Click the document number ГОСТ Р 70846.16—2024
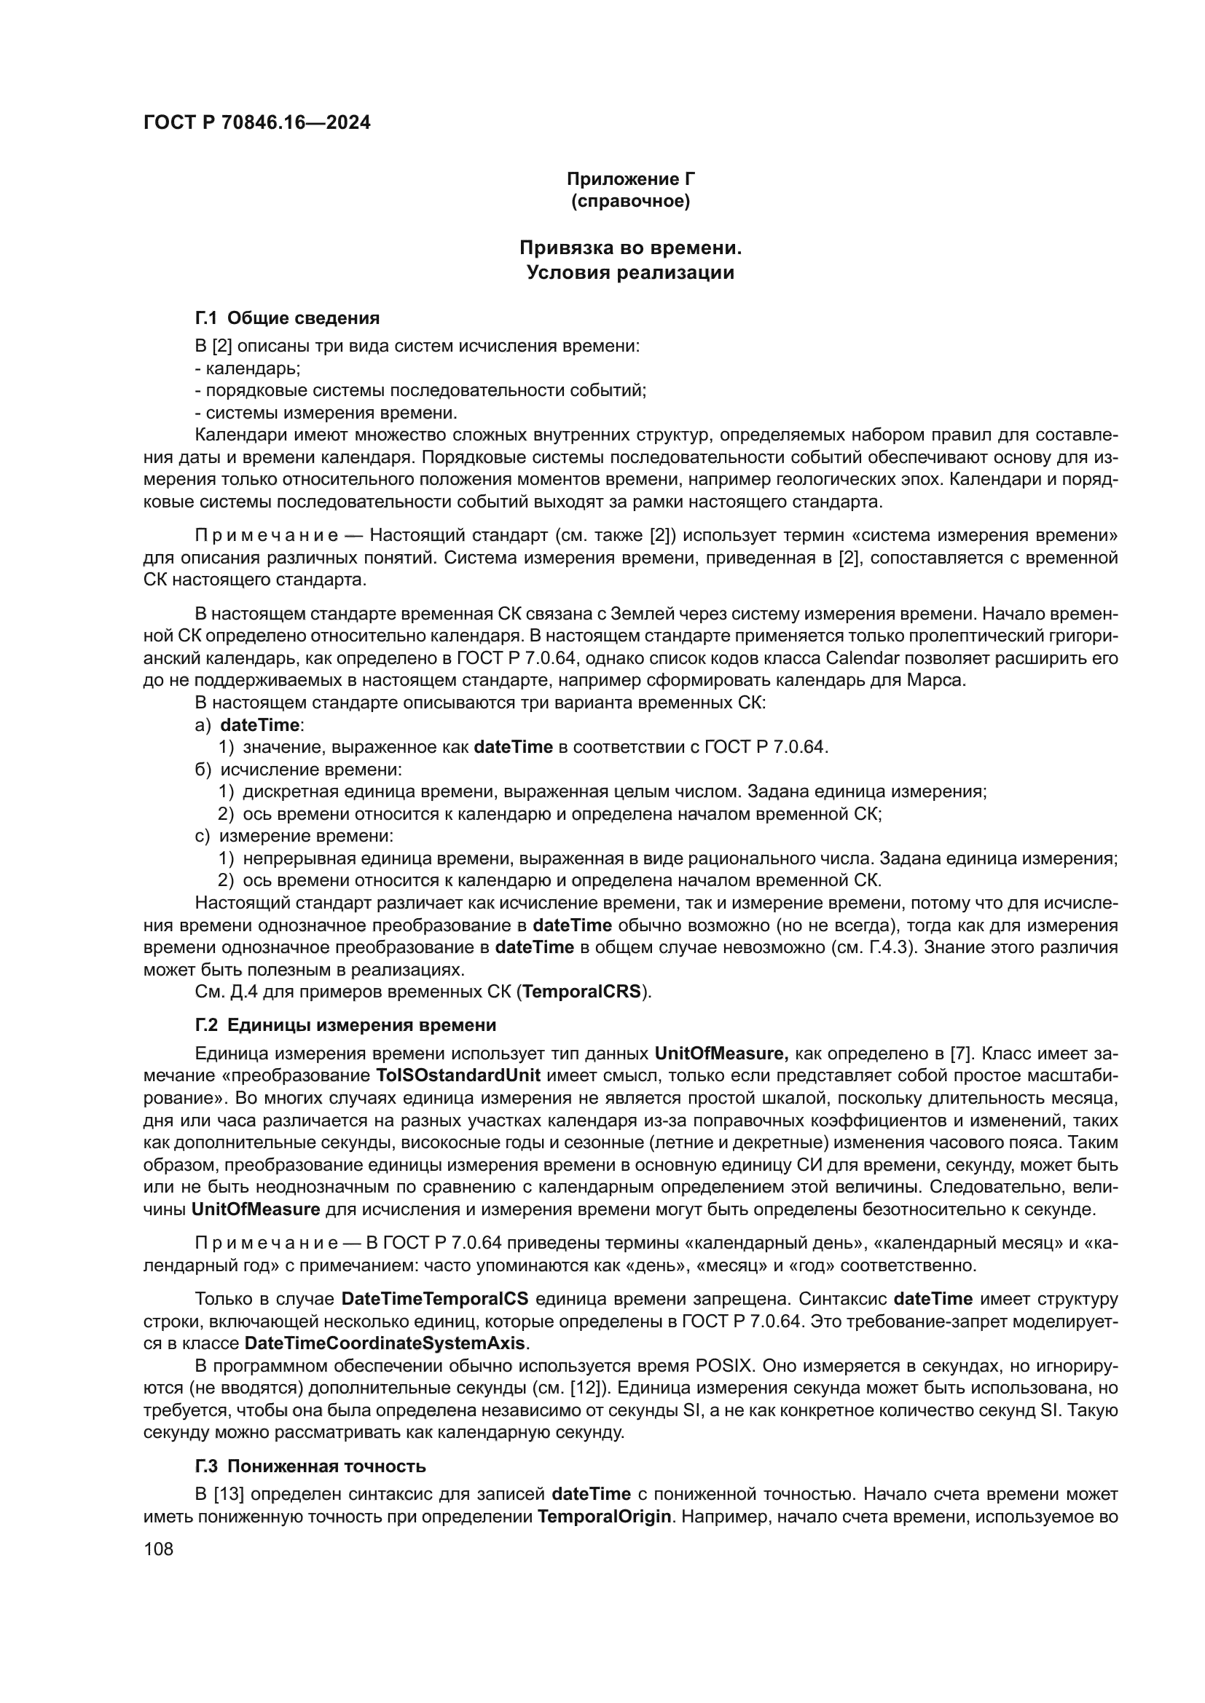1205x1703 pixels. pyautogui.click(x=256, y=123)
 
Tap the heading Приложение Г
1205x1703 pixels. pyautogui.click(x=631, y=179)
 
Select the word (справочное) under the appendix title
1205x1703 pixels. pyautogui.click(x=631, y=202)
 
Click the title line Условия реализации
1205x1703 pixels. pyautogui.click(x=631, y=273)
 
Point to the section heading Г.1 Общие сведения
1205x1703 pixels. pyautogui.click(x=287, y=318)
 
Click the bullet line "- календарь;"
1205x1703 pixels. pyautogui.click(x=247, y=368)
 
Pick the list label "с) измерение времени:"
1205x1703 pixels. pyautogui.click(x=294, y=836)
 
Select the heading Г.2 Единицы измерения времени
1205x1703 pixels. pyautogui.click(x=346, y=1025)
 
